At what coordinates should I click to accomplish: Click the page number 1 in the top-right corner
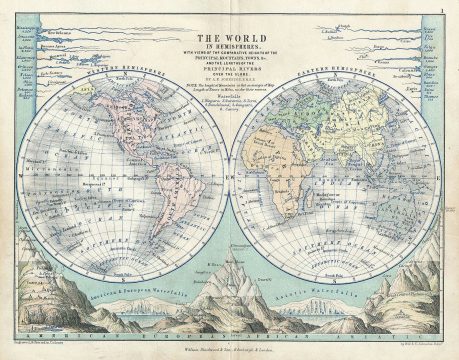pyautogui.click(x=441, y=8)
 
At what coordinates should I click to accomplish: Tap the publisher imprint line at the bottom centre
pyautogui.click(x=229, y=346)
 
